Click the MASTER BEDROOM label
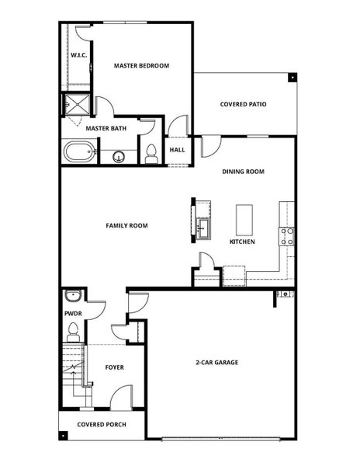141,66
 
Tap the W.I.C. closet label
78,56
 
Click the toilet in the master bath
151,155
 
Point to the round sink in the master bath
118,157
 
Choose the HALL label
177,150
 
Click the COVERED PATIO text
244,104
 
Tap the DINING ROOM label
243,172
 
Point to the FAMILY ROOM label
126,226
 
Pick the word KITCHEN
242,242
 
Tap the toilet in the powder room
73,332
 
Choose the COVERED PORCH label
101,425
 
